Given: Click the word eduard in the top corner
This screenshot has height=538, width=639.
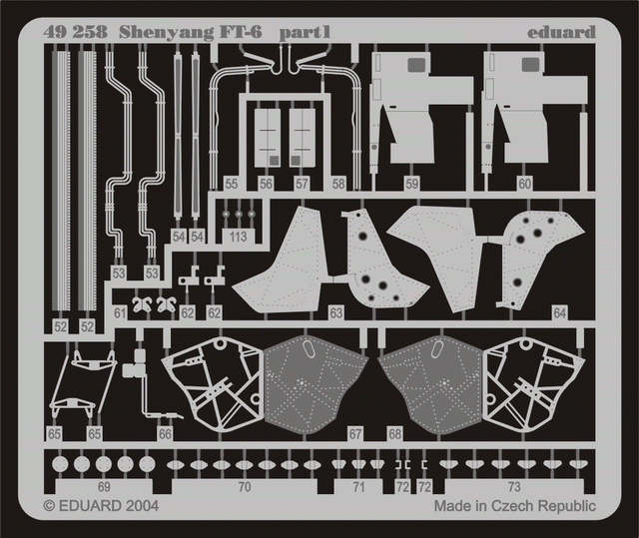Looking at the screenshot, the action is (x=561, y=32).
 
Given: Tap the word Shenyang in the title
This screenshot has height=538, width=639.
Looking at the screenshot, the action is (x=167, y=33).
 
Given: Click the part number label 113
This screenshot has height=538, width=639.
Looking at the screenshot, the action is (x=238, y=237).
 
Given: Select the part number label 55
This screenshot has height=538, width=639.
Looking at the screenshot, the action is (x=231, y=184).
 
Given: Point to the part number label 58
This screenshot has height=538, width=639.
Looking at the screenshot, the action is (x=338, y=184).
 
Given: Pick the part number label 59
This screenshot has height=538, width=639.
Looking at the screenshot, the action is (x=411, y=184).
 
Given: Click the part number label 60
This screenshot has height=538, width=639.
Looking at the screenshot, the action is (x=524, y=184).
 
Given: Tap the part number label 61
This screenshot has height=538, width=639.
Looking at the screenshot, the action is (x=120, y=313).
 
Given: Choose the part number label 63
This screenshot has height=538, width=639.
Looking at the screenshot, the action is (x=335, y=313).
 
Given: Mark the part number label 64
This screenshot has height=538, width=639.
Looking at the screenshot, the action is (x=559, y=313).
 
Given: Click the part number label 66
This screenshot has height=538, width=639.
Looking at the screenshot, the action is (x=165, y=434).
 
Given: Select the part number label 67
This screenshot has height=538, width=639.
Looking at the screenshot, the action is (x=355, y=434).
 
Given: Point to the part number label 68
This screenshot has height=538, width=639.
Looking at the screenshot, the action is (x=395, y=434).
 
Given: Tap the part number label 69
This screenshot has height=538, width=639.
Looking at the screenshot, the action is (x=104, y=487).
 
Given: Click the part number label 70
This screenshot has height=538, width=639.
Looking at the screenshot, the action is (x=244, y=487).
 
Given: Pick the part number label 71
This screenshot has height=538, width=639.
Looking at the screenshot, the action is (x=358, y=487).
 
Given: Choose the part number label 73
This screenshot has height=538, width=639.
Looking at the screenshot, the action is (x=514, y=487).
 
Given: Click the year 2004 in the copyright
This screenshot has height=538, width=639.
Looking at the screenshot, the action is (x=142, y=506).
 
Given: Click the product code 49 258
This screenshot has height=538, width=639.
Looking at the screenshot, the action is (x=76, y=32).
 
